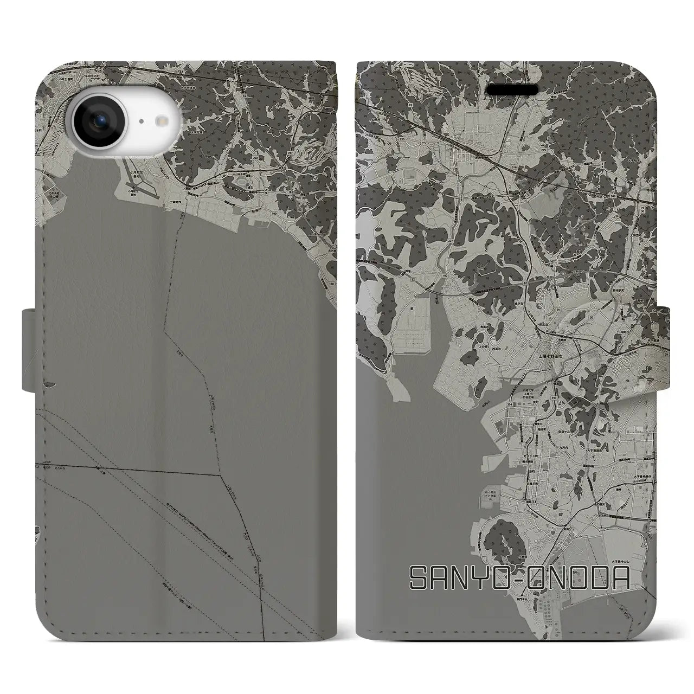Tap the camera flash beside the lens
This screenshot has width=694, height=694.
pos(163,122)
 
